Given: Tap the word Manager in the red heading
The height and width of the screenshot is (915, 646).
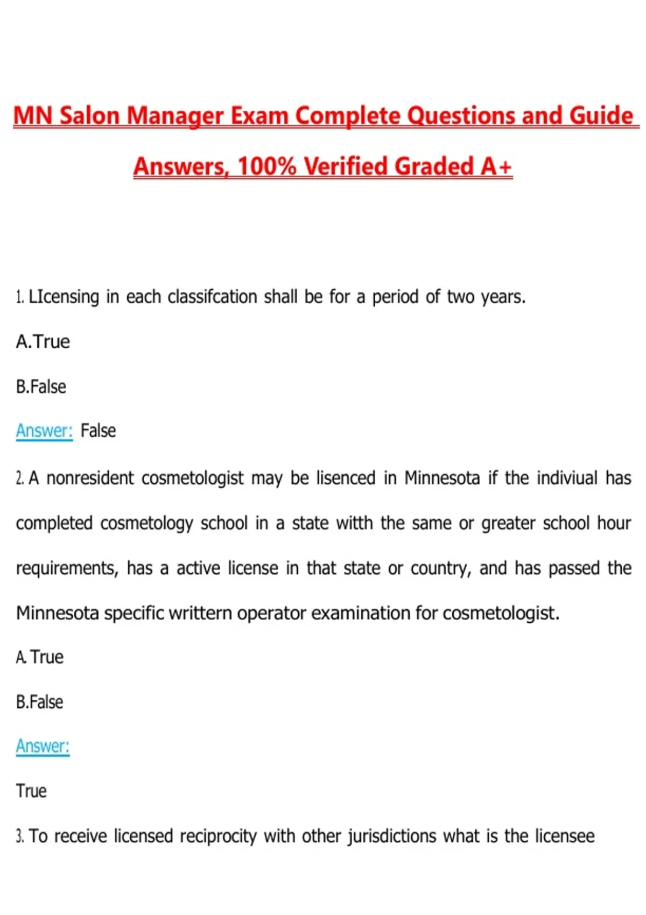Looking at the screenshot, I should click(175, 116).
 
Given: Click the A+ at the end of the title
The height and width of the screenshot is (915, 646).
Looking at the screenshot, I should click(496, 166).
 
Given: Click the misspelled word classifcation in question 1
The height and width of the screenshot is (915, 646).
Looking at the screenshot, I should click(212, 297).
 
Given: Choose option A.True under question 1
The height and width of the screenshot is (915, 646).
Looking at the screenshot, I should click(43, 342).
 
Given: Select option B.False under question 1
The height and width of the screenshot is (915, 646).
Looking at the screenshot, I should click(41, 386).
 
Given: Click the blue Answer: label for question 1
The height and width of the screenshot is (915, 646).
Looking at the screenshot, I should click(44, 431).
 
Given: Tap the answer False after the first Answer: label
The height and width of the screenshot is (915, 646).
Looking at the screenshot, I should click(98, 431).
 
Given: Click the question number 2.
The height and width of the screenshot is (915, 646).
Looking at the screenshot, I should click(19, 478).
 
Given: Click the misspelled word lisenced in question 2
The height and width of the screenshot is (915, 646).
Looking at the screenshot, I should click(346, 478).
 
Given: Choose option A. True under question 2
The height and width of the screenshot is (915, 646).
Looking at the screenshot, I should click(40, 657).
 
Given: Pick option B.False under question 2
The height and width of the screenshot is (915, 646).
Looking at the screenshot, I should click(39, 702).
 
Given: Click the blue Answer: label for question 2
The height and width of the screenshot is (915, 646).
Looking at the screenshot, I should click(43, 746).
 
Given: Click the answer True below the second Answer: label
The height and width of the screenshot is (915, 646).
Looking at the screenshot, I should click(31, 791).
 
